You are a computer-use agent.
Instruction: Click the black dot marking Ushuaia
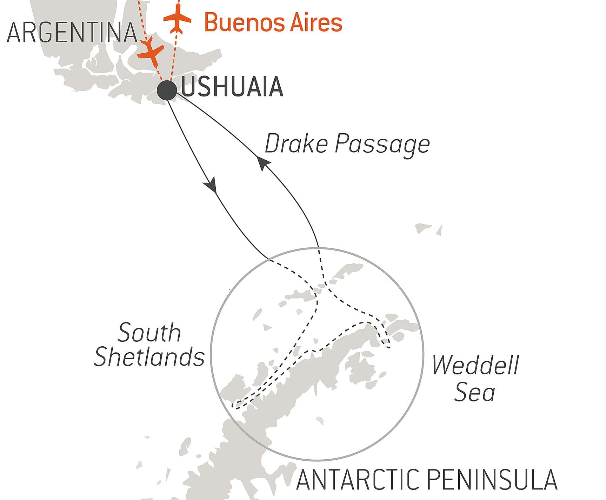pos(167,91)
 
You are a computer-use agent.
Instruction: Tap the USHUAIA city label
pos(232,86)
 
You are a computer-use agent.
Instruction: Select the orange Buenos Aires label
pos(273,22)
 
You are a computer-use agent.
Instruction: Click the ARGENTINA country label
pos(72,33)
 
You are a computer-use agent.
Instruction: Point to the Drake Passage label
pos(347,144)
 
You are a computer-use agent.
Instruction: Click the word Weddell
pos(475,365)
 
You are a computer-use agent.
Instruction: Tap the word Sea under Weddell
pos(474,392)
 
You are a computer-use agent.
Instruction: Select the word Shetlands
pos(149,357)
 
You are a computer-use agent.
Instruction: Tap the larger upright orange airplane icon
pos(178,19)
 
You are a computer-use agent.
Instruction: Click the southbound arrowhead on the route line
pos(212,186)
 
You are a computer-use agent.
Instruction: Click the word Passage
pos(382,144)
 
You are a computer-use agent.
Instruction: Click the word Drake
pos(295,144)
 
